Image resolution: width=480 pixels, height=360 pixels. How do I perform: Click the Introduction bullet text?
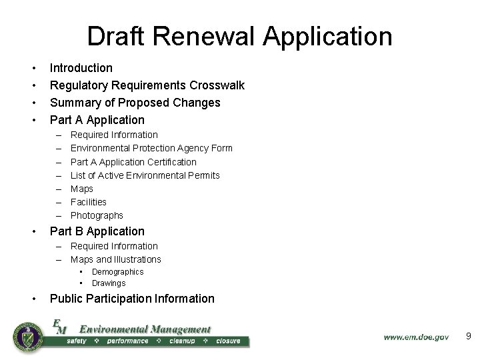click(81, 68)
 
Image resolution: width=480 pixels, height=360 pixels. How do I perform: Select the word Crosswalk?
click(217, 85)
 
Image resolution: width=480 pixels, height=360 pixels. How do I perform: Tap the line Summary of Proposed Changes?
click(135, 103)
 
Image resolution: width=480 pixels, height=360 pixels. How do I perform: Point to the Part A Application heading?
click(97, 120)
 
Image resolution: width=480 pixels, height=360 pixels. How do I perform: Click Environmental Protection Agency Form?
click(151, 148)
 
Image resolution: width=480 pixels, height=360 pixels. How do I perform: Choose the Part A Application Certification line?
click(133, 162)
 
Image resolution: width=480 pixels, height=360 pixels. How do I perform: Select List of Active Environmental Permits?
click(145, 175)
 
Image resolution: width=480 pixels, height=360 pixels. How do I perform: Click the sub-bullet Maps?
click(82, 189)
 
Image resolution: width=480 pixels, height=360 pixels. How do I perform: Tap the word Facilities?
click(89, 202)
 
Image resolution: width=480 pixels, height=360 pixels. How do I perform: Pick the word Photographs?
click(97, 215)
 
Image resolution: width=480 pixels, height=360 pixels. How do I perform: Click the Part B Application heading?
click(97, 231)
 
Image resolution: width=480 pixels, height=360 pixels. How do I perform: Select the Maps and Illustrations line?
click(115, 259)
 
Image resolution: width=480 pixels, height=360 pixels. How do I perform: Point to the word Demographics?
click(117, 272)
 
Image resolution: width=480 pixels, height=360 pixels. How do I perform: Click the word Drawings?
click(109, 283)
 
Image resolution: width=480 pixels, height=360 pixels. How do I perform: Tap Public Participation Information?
click(132, 299)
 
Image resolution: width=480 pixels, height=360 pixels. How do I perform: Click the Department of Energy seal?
click(28, 337)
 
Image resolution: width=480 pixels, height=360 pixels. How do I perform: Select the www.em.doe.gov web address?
click(416, 337)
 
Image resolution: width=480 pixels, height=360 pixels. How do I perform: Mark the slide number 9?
click(468, 337)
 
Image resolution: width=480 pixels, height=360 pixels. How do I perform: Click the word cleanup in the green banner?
click(181, 341)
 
